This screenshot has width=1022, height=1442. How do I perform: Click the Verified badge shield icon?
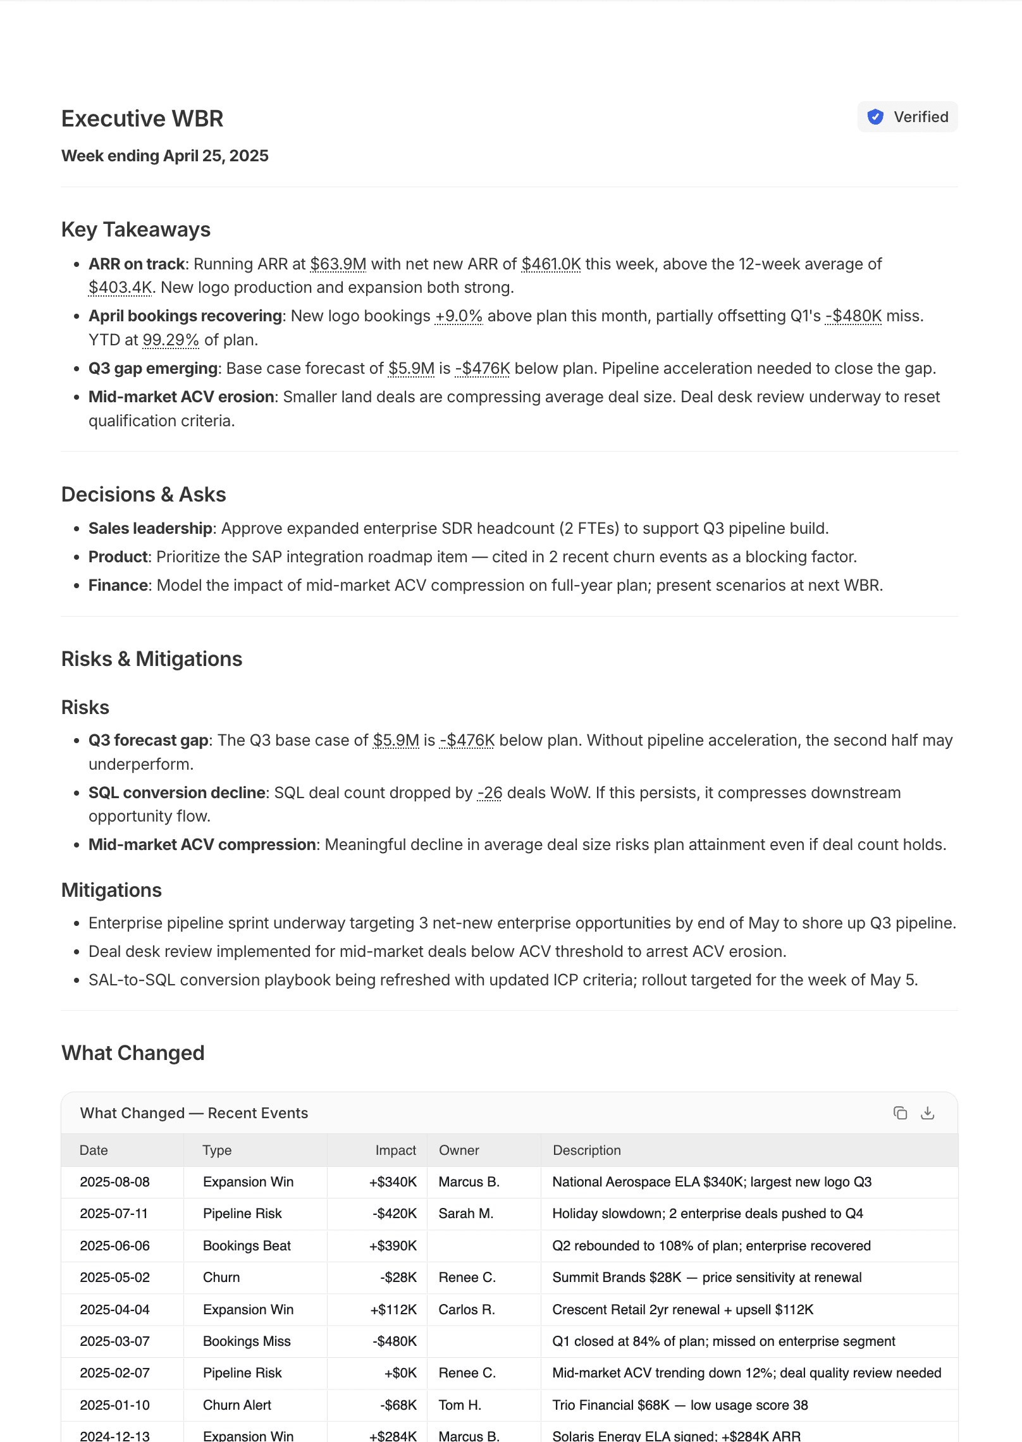[875, 117]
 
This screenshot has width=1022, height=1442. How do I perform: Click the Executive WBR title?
[142, 119]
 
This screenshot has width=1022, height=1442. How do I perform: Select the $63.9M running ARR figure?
[338, 264]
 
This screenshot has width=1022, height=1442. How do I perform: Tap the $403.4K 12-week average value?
[120, 288]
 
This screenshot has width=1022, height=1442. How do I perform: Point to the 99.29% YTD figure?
[171, 340]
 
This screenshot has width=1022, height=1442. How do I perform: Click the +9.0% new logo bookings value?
[459, 316]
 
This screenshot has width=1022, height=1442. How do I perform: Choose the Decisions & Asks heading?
[144, 495]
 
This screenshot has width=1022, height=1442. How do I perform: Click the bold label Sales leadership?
[151, 529]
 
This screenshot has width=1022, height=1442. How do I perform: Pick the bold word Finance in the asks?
[118, 586]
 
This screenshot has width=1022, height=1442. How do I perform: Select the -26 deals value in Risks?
[489, 793]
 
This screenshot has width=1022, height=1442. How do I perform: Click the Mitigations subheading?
[111, 890]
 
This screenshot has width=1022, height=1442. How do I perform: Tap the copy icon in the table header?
[900, 1113]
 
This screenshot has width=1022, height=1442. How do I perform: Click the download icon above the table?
[928, 1113]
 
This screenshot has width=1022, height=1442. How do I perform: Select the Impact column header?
[395, 1150]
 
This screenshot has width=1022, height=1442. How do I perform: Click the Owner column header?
[459, 1150]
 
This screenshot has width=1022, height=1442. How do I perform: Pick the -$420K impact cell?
[395, 1214]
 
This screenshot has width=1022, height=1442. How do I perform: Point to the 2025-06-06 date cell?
[114, 1246]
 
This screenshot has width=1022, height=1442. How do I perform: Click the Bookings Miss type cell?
[247, 1341]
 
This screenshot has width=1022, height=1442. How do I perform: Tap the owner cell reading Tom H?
[460, 1405]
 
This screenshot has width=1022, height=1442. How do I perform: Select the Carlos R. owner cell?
[467, 1310]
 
